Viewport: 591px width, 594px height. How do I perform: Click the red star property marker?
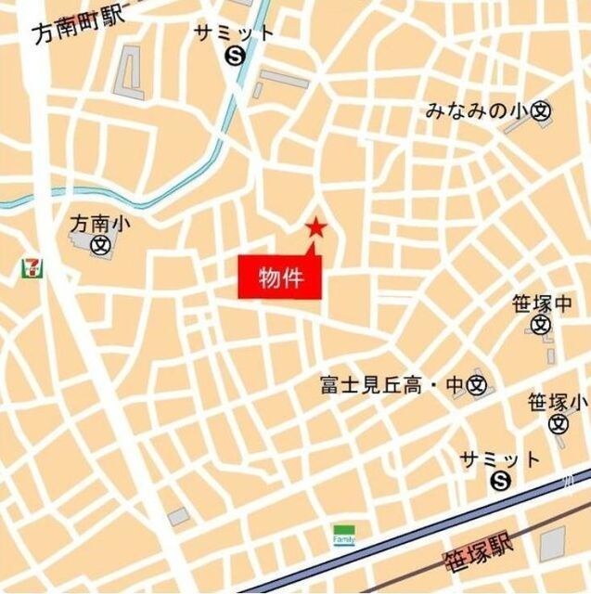(316, 226)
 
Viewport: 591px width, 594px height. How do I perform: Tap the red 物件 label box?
(280, 278)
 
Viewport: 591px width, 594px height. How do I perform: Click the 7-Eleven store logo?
(32, 267)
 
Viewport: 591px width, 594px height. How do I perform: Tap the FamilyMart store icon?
(344, 536)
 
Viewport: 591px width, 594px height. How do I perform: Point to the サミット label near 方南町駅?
(234, 32)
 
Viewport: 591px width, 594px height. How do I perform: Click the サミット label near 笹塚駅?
(500, 459)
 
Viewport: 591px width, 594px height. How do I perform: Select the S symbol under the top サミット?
(234, 57)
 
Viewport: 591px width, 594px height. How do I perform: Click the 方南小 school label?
(96, 224)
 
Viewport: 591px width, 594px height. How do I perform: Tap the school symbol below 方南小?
(99, 245)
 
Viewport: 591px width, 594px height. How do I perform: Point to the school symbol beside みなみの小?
(541, 111)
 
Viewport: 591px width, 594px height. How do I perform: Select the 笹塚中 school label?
(543, 303)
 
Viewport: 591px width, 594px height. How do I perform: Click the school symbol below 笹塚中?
(542, 325)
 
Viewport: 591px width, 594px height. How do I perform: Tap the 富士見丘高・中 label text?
(392, 383)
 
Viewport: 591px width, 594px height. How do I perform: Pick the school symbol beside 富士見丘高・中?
(477, 383)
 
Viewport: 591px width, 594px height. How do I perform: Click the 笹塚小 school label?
(558, 403)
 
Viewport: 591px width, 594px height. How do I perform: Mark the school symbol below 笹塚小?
(558, 424)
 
